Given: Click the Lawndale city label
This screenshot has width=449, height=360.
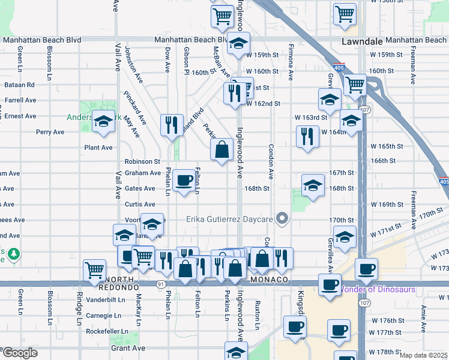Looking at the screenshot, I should click(361, 41).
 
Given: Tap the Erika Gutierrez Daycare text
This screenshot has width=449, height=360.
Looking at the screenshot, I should click(229, 219).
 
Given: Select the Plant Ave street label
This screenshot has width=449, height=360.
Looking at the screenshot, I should click(98, 148).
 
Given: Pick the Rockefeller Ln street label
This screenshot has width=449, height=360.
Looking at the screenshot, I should click(107, 331).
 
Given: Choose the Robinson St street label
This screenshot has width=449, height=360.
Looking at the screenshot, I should click(142, 161).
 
